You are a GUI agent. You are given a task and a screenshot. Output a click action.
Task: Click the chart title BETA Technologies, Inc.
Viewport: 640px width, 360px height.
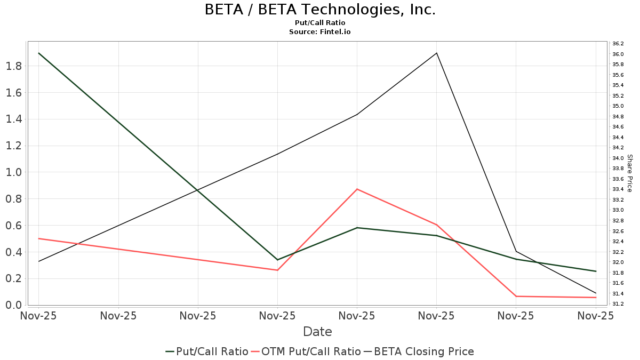pyautogui.click(x=320, y=10)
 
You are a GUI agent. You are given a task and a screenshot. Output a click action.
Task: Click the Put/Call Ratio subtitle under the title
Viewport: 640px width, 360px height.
pyautogui.click(x=320, y=23)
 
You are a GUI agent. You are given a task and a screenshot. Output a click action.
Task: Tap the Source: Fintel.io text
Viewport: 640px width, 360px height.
pyautogui.click(x=320, y=32)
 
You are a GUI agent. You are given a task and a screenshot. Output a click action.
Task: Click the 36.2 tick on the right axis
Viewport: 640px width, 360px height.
pyautogui.click(x=618, y=44)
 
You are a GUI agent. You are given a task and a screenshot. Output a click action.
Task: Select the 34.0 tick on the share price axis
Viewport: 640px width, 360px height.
pyautogui.click(x=618, y=158)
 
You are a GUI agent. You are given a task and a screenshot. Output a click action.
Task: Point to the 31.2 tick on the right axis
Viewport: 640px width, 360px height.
pyautogui.click(x=618, y=304)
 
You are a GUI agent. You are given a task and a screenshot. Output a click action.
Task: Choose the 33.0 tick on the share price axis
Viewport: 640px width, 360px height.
pyautogui.click(x=618, y=210)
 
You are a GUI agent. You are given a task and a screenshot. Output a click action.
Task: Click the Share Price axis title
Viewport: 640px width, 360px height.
pyautogui.click(x=629, y=173)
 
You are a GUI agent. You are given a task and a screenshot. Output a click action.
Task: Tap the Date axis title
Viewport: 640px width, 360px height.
pyautogui.click(x=317, y=332)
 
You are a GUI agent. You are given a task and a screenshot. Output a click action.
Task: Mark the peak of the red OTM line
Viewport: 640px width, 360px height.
pyautogui.click(x=357, y=189)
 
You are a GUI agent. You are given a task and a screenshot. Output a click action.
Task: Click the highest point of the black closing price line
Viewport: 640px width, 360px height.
pyautogui.click(x=437, y=53)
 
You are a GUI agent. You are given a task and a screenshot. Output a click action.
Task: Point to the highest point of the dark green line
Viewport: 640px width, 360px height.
pyautogui.click(x=38, y=53)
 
